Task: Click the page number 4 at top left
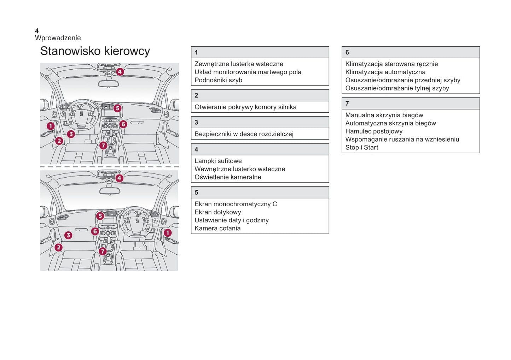(x=37, y=31)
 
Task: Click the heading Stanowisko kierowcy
(x=95, y=51)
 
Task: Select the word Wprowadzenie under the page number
(x=58, y=38)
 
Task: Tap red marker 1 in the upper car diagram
(x=51, y=126)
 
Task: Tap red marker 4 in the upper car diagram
(x=120, y=72)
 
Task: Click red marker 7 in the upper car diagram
(x=103, y=145)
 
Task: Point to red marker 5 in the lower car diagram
(x=100, y=216)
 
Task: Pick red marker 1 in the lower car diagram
(x=167, y=233)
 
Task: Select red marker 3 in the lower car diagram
(x=68, y=235)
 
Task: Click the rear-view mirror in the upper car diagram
(x=108, y=84)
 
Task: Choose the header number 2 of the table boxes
(x=196, y=95)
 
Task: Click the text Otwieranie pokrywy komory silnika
(x=245, y=107)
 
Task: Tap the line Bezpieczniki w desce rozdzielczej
(x=244, y=134)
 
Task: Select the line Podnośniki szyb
(x=218, y=80)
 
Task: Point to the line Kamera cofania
(x=217, y=228)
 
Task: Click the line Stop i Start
(x=361, y=148)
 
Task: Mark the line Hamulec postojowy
(x=374, y=131)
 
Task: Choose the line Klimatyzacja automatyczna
(x=385, y=72)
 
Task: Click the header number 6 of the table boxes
(x=347, y=52)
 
